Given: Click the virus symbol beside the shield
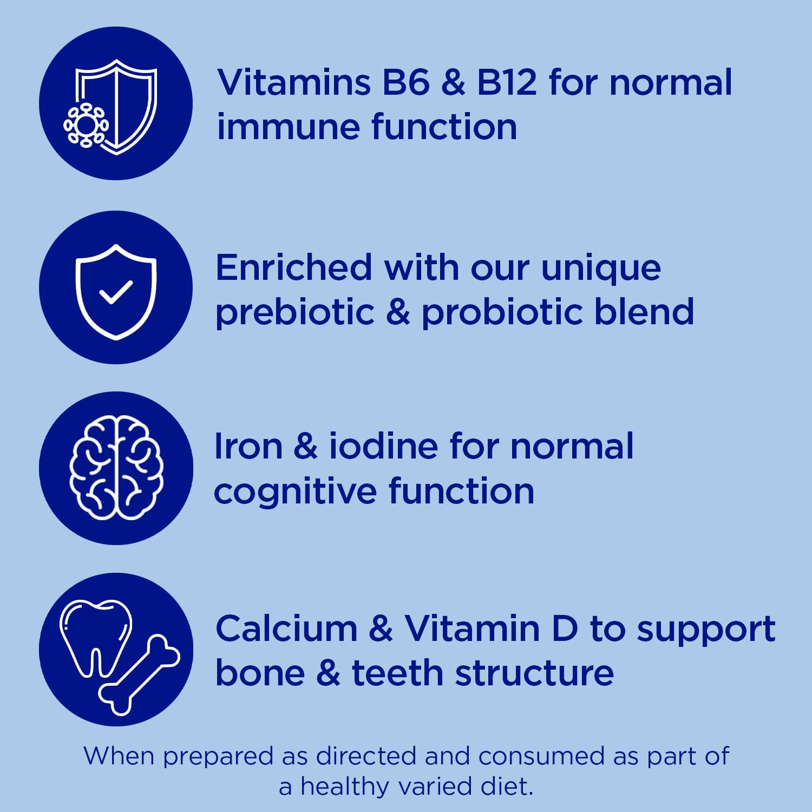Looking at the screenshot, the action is [86, 126].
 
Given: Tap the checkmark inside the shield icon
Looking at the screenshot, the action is [116, 292].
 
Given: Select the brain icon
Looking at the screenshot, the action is [116, 468].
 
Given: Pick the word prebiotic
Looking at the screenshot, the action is [295, 312].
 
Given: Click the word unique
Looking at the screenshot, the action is [601, 269].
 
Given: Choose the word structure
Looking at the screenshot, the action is [535, 673].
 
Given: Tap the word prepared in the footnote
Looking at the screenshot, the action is [219, 757].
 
